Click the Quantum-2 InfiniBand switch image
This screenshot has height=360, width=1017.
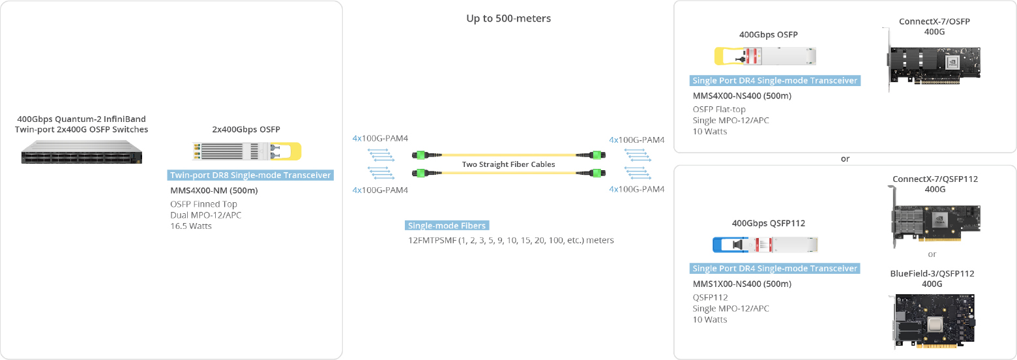[81, 152]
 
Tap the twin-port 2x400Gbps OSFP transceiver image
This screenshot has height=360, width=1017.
[246, 151]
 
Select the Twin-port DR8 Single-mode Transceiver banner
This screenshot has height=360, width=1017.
[250, 175]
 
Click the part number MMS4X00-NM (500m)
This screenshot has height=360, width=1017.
[214, 190]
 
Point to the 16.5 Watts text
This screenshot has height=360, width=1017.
[190, 226]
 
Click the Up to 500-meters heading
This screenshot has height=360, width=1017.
[508, 19]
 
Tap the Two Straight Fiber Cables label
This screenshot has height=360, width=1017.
[508, 164]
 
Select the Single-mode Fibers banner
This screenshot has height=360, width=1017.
[447, 226]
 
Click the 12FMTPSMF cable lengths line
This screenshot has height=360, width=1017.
[510, 240]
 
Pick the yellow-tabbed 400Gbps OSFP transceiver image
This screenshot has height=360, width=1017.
[765, 56]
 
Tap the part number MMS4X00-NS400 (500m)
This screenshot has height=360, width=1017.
[742, 96]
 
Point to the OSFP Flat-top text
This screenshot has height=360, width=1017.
[719, 110]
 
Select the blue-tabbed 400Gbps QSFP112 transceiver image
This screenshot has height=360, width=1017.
[765, 245]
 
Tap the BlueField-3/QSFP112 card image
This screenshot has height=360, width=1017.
[934, 320]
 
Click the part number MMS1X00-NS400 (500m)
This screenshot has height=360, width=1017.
[742, 284]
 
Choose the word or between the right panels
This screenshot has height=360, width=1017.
[845, 159]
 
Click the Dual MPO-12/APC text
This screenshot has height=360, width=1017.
[205, 215]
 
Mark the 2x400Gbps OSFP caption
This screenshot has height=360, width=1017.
[246, 129]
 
